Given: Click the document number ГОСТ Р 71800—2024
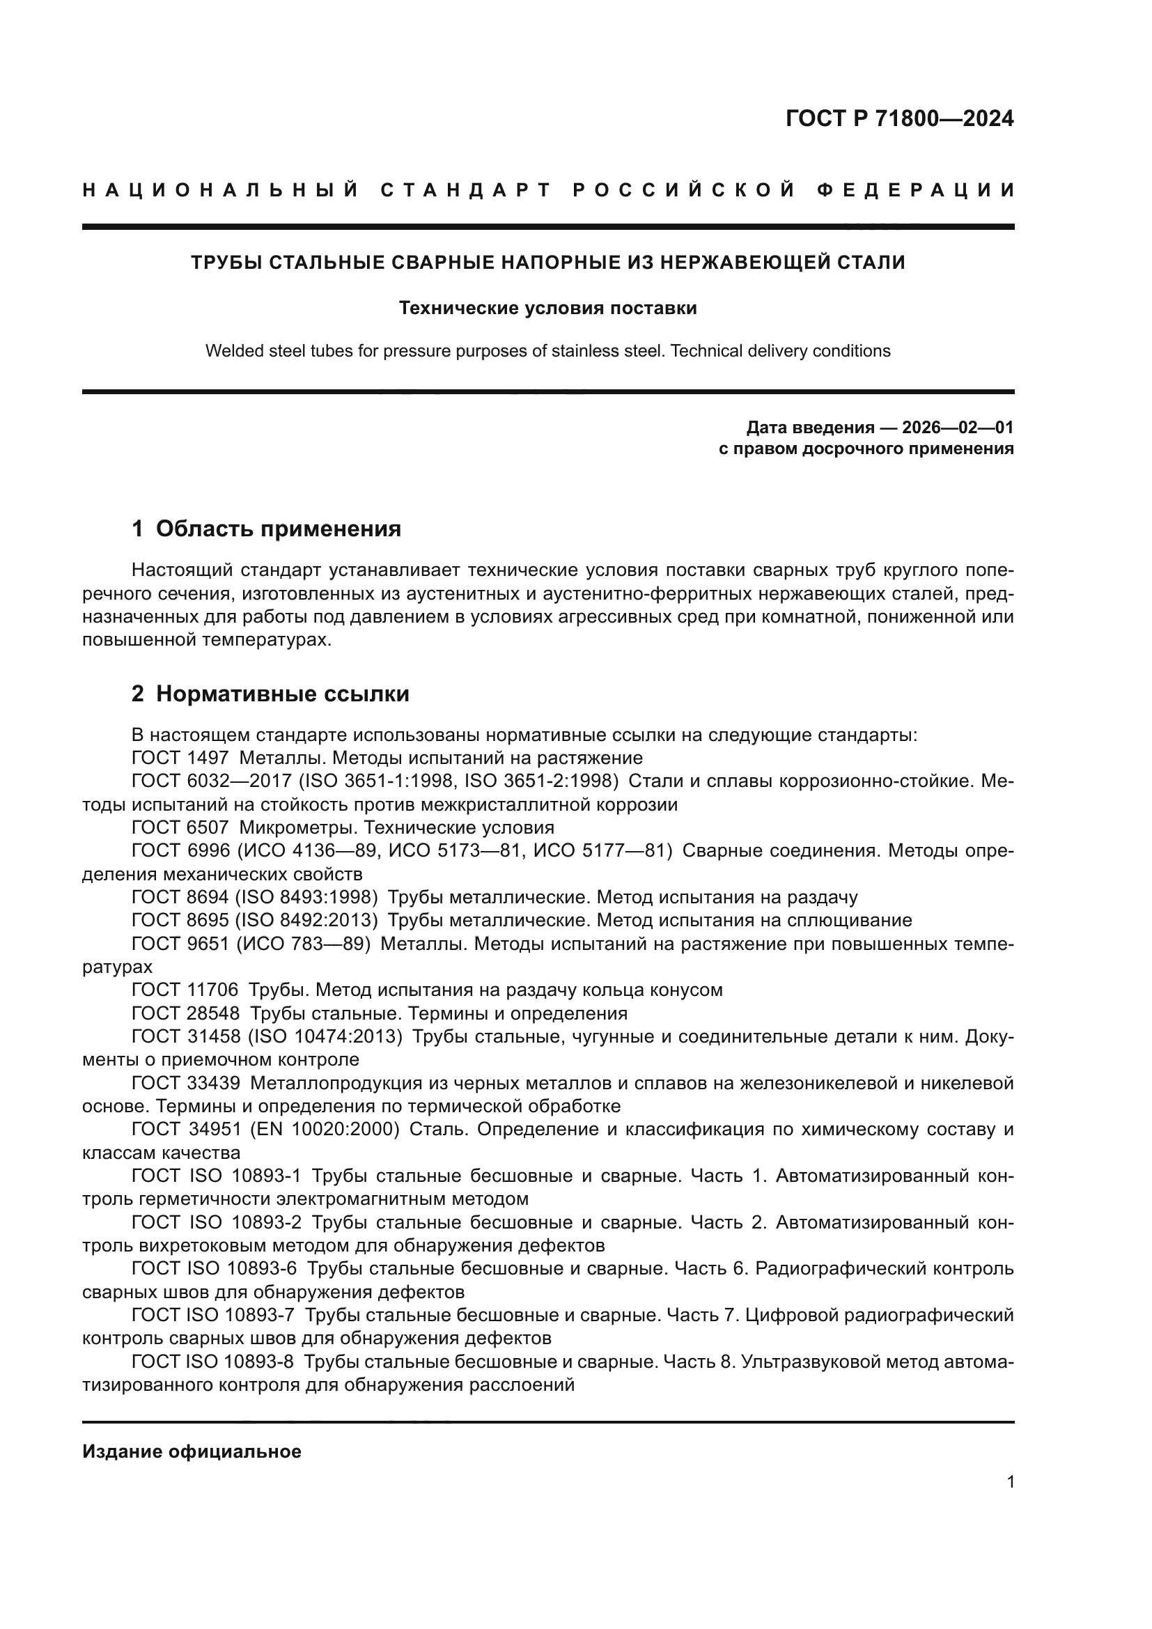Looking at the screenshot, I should (x=899, y=118).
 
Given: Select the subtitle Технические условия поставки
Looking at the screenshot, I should (x=547, y=308).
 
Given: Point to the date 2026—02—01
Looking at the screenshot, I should (x=957, y=428).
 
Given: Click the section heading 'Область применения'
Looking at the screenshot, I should (x=278, y=529).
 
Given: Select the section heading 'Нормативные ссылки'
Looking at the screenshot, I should (x=282, y=694).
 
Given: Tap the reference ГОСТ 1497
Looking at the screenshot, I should (x=180, y=758).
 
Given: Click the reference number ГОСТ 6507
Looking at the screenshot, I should (x=180, y=827).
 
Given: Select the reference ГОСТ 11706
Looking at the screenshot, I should (x=185, y=990).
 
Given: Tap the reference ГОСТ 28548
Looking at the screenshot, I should (x=185, y=1013).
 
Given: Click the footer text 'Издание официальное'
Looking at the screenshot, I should (x=192, y=1451).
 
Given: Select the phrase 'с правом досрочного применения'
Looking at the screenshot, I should (x=866, y=449).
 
